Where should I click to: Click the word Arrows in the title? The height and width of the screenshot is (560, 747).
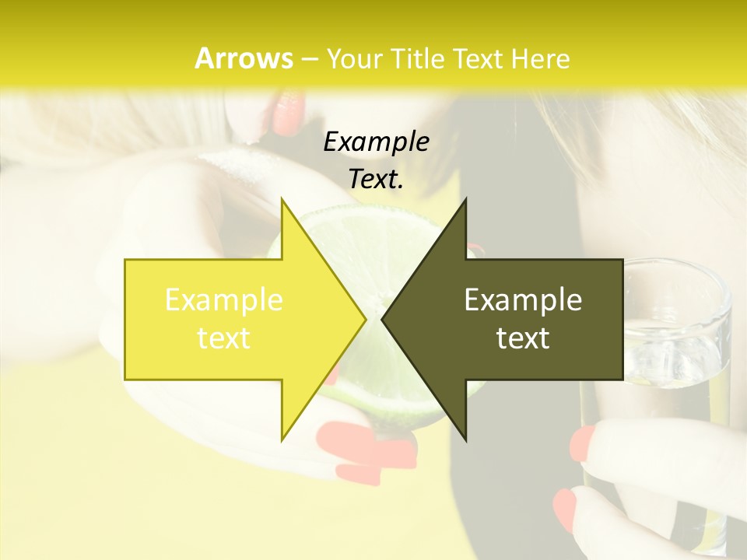[x=244, y=58]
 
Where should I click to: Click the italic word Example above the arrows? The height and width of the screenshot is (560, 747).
[x=376, y=142]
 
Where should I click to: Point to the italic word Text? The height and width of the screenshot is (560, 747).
[x=376, y=179]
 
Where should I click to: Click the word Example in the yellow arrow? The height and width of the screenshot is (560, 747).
[x=224, y=300]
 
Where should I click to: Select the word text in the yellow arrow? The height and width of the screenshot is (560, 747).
[x=224, y=338]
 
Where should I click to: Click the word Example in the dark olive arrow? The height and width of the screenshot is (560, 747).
[x=523, y=300]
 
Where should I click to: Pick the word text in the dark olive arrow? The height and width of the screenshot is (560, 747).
[x=523, y=338]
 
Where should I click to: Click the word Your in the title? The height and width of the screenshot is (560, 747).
[x=352, y=58]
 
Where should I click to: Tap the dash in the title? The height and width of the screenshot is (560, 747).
[x=309, y=59]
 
